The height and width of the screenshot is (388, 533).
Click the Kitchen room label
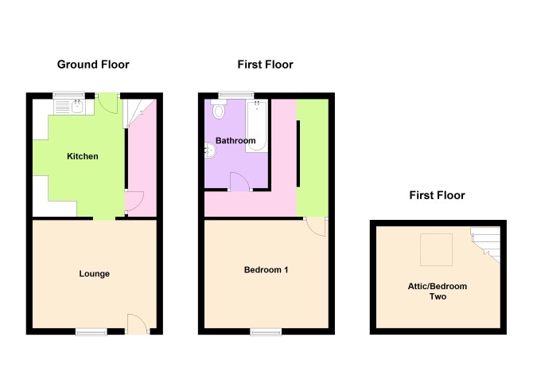tap(83, 156)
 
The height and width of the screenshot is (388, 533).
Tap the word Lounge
tap(94, 273)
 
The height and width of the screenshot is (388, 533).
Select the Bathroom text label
tap(235, 140)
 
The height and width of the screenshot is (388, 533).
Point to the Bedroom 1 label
tap(266, 270)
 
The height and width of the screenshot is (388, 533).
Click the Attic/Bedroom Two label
tap(438, 292)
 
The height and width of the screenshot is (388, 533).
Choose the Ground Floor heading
tap(93, 65)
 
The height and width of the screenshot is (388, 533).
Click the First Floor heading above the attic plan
tap(438, 195)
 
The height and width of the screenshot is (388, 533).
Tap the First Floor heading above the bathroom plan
tap(265, 65)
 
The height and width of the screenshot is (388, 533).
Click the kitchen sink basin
tap(78, 107)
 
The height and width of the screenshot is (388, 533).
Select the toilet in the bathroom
tap(218, 109)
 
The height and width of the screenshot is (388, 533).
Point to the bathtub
tap(257, 126)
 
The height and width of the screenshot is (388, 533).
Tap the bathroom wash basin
tap(210, 151)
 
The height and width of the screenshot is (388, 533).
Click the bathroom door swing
tap(241, 182)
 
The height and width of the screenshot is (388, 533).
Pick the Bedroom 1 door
tap(316, 226)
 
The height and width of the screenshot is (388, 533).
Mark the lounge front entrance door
tap(138, 323)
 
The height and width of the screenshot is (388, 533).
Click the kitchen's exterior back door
tap(107, 104)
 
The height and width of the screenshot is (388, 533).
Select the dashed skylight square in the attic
tap(437, 249)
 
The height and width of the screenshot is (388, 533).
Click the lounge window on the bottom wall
tap(91, 331)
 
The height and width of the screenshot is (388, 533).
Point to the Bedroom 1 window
tap(266, 331)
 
